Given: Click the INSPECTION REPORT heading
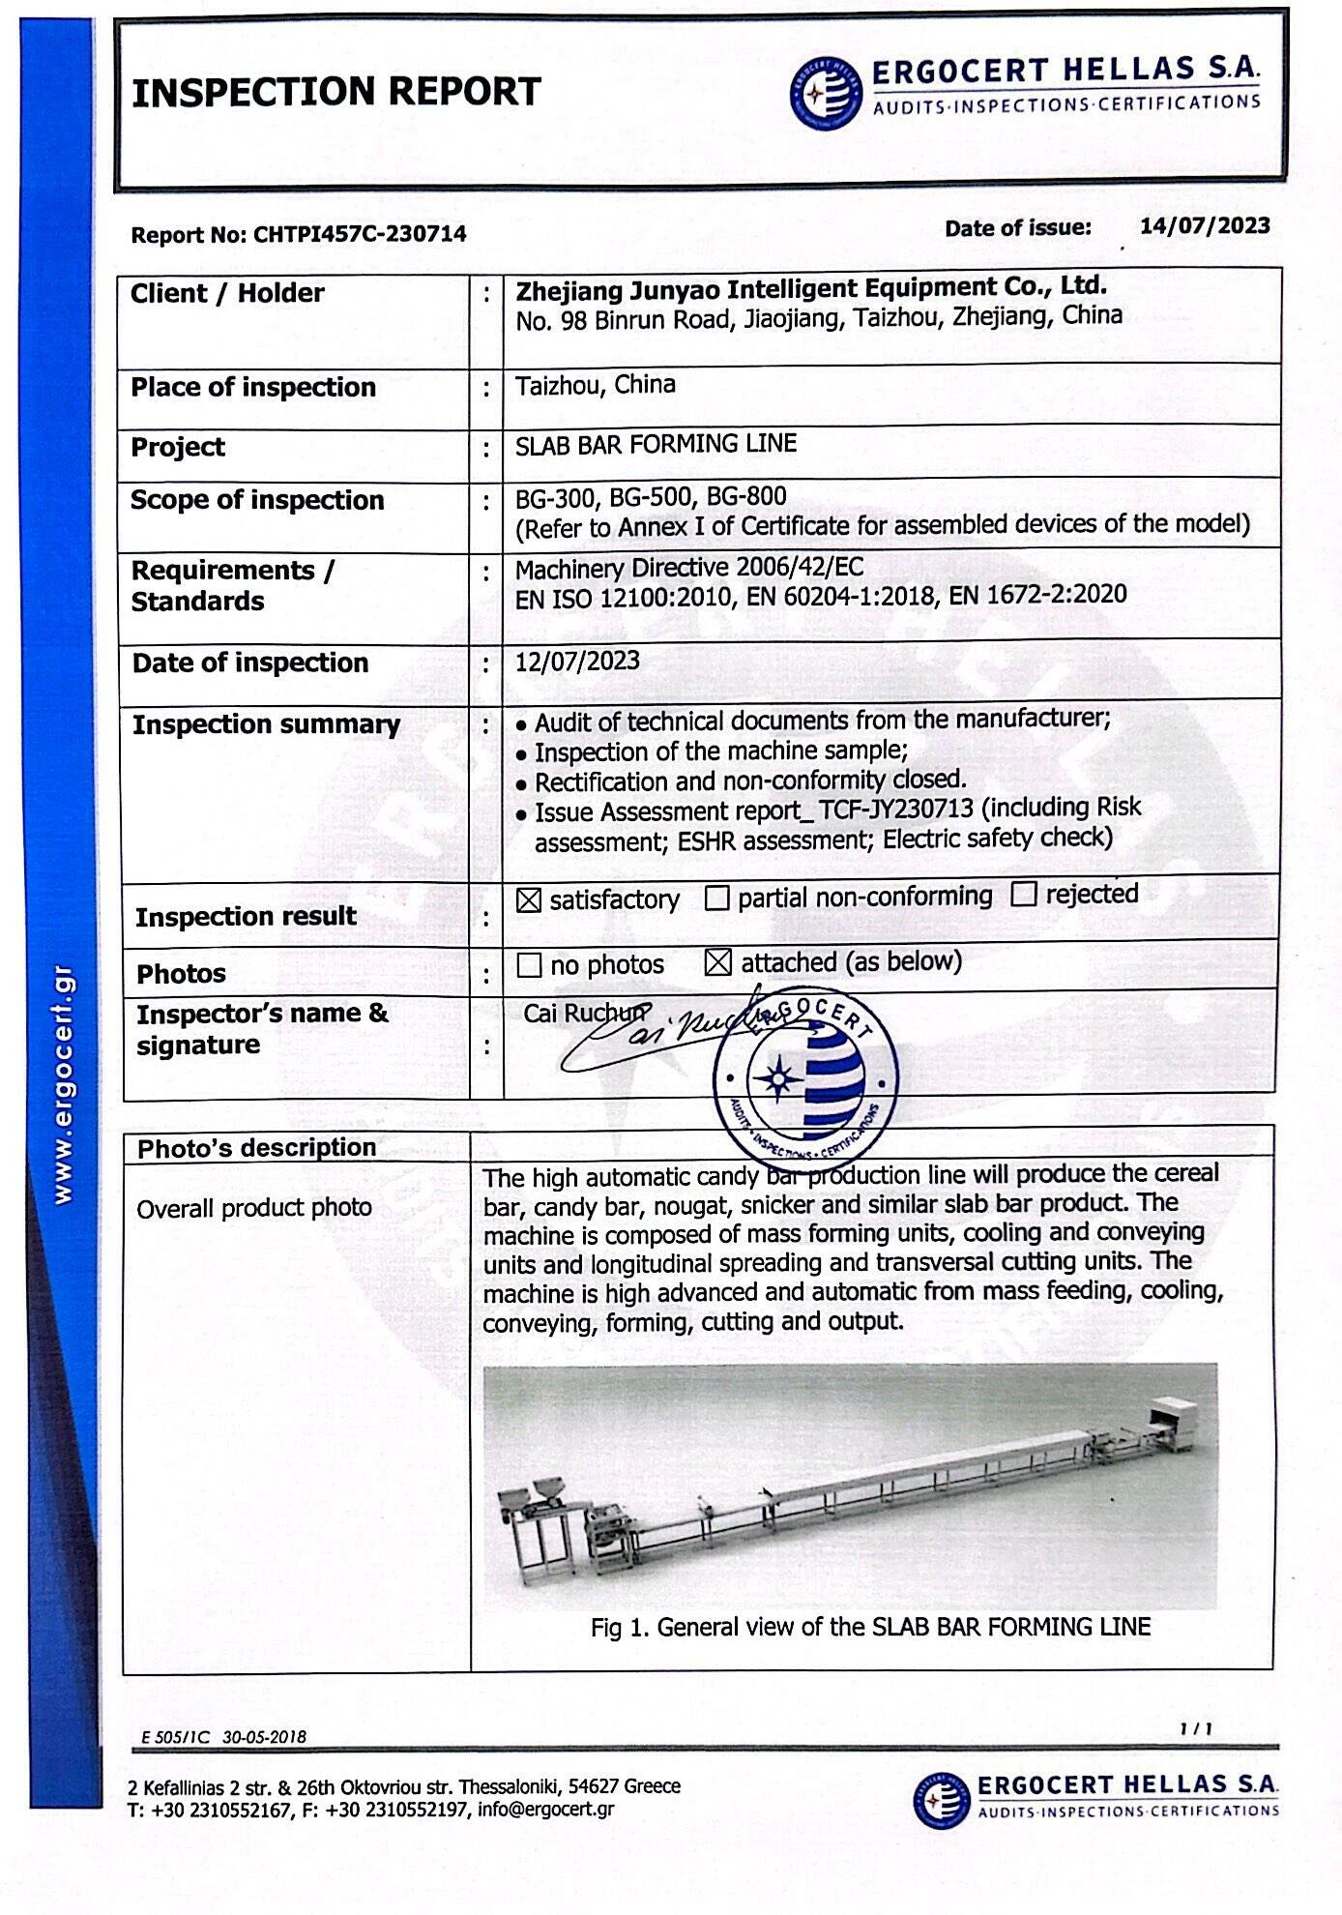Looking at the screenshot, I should tap(335, 92).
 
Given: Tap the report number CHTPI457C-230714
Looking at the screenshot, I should tap(360, 234).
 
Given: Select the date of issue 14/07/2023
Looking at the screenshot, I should tap(1204, 226).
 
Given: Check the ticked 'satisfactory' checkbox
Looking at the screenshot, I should tap(528, 900).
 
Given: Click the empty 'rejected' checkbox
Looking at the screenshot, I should tap(1023, 894).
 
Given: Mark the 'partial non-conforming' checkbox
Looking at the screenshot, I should tap(716, 899).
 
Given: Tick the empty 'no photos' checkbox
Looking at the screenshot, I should tap(529, 965).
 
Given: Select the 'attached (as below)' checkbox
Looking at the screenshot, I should tap(717, 962).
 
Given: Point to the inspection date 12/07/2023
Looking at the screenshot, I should tap(577, 662).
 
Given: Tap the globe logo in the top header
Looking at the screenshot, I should tap(825, 93).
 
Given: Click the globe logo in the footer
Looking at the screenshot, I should tap(940, 1800).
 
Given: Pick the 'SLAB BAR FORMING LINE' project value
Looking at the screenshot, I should tap(656, 445).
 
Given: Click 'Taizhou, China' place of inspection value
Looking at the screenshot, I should tap(595, 386).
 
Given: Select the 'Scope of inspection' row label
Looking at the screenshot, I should tap(257, 501).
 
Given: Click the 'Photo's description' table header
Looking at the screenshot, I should tap(256, 1148).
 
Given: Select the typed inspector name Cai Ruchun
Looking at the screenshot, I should tap(584, 1014).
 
